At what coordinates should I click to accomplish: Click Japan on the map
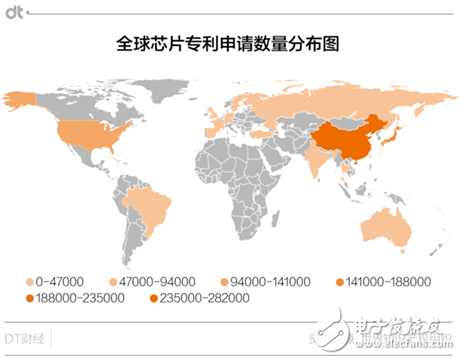391,135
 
